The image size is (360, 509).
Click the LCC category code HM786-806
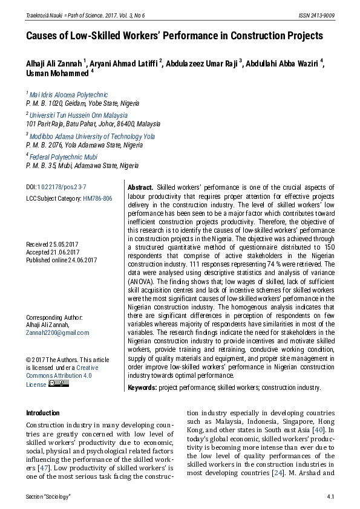(x=97, y=198)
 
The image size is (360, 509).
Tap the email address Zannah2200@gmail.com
(x=57, y=332)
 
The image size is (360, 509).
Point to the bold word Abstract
(x=140, y=187)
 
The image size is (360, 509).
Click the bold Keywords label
(x=142, y=387)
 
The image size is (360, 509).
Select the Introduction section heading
(x=43, y=413)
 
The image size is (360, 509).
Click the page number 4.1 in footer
(x=330, y=496)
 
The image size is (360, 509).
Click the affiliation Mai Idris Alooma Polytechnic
(x=68, y=95)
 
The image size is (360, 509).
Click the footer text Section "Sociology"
(x=48, y=496)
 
